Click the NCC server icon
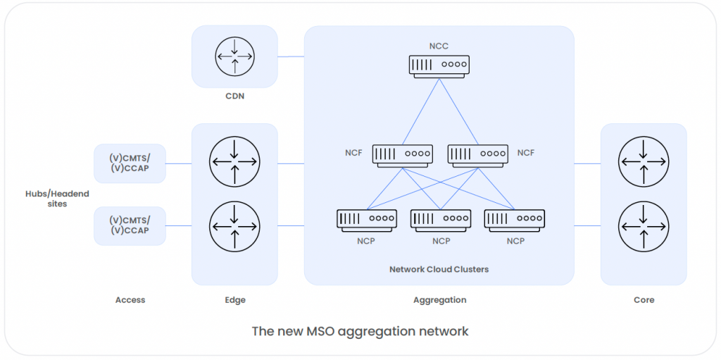pyautogui.click(x=439, y=66)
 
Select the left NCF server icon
pyautogui.click(x=402, y=154)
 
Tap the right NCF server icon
pyautogui.click(x=477, y=154)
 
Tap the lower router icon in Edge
pyautogui.click(x=234, y=226)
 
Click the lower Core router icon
pyautogui.click(x=643, y=226)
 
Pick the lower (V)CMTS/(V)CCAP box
pyautogui.click(x=130, y=225)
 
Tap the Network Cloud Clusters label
pyautogui.click(x=439, y=269)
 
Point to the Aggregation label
pyautogui.click(x=439, y=300)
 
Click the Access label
pyautogui.click(x=130, y=300)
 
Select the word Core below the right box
pyautogui.click(x=644, y=300)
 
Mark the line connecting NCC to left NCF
pyautogui.click(x=421, y=112)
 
